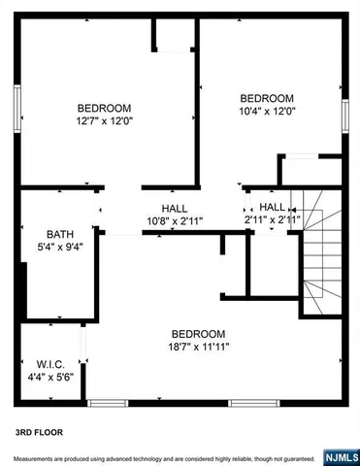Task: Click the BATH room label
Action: pos(60,234)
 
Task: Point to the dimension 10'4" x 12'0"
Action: pos(267,111)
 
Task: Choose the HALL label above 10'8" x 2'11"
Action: pos(175,209)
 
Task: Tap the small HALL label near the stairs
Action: pos(273,208)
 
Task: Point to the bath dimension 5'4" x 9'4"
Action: pos(60,247)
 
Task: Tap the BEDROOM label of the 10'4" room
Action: pos(267,98)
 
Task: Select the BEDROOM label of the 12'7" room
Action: pos(105,109)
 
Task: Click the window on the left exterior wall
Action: pos(16,102)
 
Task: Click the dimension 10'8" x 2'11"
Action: pos(175,221)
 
